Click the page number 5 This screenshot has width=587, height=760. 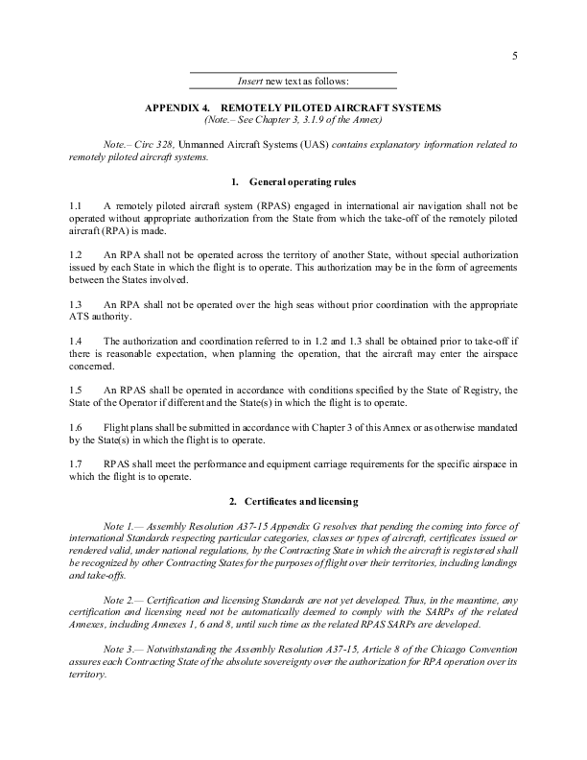pos(515,56)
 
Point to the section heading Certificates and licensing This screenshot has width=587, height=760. pos(299,502)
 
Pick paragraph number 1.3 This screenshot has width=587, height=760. pos(76,303)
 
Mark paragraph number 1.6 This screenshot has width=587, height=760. pos(76,427)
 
